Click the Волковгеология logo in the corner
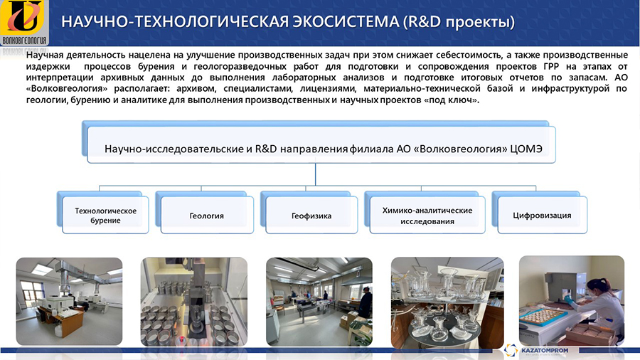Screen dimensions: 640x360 [24, 23]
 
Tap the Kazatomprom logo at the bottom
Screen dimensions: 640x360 [536, 351]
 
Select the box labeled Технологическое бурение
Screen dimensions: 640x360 [105, 215]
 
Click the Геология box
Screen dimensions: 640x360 [207, 215]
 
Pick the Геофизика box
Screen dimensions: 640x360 [311, 215]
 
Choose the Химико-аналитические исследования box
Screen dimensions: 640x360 [427, 215]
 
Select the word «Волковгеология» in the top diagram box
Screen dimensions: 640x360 [460, 149]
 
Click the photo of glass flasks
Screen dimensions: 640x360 [447, 302]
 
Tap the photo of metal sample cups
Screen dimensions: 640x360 [194, 302]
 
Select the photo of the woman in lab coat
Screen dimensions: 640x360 [572, 300]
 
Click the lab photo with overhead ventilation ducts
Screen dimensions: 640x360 [69, 301]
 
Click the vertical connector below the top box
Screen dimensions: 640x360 [316, 174]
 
